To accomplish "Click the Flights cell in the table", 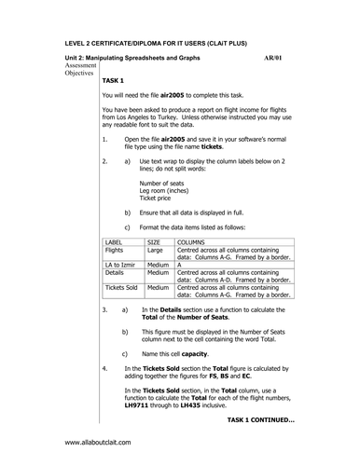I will (115, 250).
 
